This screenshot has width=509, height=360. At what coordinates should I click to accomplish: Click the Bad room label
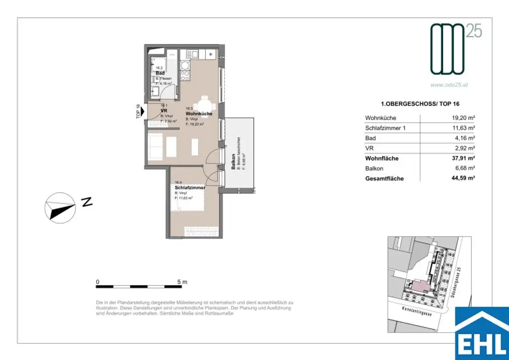[160, 73]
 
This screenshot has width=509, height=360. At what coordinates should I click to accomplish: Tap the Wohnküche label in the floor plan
[199, 114]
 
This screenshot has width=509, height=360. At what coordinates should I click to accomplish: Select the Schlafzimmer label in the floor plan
[189, 187]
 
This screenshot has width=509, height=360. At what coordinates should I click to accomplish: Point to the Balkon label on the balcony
[234, 162]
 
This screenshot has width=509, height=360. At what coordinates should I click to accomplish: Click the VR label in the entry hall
[163, 110]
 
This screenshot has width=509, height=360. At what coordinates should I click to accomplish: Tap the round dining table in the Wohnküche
[204, 106]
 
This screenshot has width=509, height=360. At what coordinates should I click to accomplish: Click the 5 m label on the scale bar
[182, 281]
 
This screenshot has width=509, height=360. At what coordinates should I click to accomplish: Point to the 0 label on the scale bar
[98, 281]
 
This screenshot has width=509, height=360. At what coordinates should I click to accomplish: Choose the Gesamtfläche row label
[384, 179]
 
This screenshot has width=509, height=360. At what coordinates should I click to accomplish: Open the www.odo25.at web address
[449, 85]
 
